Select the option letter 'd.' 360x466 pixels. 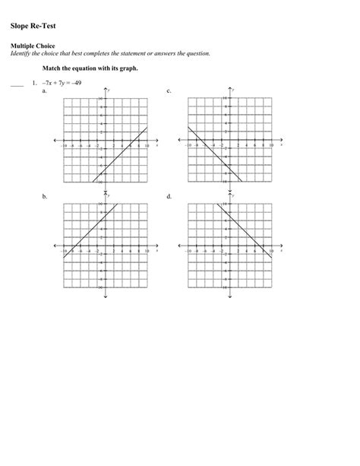(x=168, y=196)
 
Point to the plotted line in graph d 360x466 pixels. (x=243, y=228)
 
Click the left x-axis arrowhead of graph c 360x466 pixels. (x=178, y=140)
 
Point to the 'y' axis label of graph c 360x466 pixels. (x=232, y=90)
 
